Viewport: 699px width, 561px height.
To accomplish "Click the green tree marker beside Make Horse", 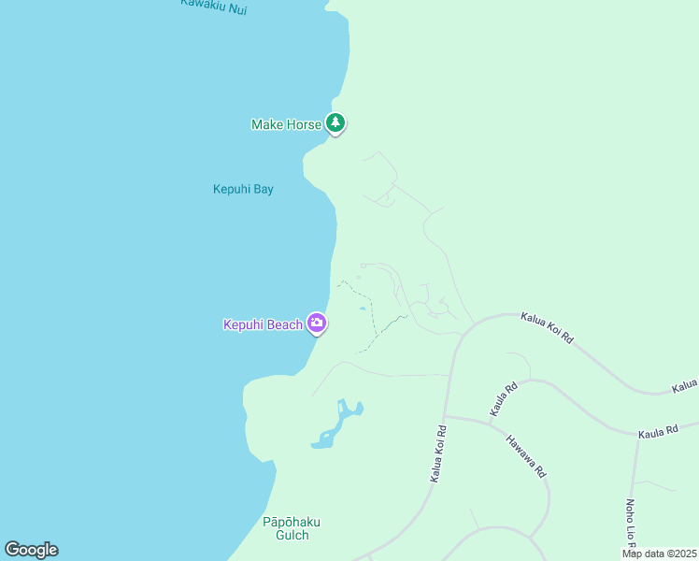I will pos(335,122).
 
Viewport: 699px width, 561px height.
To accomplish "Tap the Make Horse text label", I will pos(286,124).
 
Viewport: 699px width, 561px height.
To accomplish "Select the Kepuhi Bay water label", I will pos(243,189).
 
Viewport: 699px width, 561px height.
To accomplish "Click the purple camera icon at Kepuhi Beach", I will pos(317,324).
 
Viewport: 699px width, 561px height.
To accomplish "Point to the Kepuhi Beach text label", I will pos(263,325).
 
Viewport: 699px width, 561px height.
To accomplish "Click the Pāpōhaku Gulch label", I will pos(285,528).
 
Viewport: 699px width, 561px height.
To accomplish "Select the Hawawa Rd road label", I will pos(526,456).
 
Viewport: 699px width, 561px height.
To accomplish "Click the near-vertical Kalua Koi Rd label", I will pos(438,454).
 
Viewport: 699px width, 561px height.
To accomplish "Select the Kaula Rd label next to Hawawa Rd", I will pos(504,399).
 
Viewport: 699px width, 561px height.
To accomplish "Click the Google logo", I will pos(31,550).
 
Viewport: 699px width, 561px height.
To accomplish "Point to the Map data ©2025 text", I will pos(659,554).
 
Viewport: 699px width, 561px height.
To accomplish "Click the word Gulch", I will pos(285,535).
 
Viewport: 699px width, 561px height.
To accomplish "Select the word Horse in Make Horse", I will pos(304,124).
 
